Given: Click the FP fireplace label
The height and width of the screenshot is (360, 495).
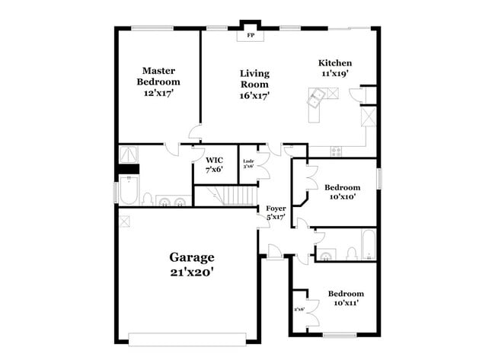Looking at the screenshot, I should point(250,35).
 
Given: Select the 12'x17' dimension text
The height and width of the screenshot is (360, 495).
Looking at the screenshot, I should point(158,93).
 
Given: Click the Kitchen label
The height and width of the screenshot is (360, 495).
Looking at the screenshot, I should point(335,62).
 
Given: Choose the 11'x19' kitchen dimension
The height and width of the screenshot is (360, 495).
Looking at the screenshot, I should point(335,74).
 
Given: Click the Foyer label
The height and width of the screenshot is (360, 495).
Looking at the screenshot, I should point(275,208).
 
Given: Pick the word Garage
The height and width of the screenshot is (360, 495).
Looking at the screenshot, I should point(191,257).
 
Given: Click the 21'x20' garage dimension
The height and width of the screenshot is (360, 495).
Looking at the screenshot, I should point(191,272).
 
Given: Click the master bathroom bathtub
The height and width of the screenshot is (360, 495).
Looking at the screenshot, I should point(127,190).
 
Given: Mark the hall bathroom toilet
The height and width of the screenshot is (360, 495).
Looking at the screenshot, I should point(351,252).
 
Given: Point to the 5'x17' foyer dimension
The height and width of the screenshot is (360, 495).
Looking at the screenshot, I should point(275,218).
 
